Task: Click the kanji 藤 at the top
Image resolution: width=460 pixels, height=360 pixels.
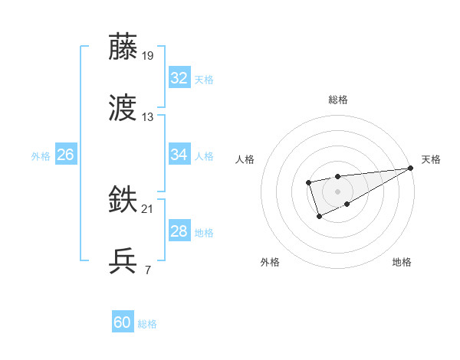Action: [x=123, y=47]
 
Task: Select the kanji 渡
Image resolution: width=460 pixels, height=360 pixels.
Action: [x=123, y=109]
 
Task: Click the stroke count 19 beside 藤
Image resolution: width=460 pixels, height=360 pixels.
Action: [x=149, y=56]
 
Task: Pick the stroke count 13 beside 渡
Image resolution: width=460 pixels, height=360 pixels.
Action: [x=148, y=117]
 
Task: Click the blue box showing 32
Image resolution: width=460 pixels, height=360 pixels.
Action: [x=179, y=78]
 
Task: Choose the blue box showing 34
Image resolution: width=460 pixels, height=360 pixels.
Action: [x=179, y=155]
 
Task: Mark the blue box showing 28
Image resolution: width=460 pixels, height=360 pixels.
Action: [x=179, y=232]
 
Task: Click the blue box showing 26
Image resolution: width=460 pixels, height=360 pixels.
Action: [x=65, y=155]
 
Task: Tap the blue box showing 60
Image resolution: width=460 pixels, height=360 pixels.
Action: [x=123, y=323]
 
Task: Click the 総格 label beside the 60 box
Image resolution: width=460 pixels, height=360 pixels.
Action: [x=147, y=324]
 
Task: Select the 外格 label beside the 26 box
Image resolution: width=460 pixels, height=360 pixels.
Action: [x=41, y=155]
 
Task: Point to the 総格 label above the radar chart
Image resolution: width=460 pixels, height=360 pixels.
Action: [x=338, y=100]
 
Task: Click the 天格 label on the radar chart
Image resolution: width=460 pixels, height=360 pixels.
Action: [x=431, y=159]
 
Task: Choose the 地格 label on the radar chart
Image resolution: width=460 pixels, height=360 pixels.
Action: [x=402, y=263]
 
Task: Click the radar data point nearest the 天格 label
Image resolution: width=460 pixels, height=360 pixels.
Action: [x=411, y=169]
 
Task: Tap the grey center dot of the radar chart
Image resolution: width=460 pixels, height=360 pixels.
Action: [x=337, y=191]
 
